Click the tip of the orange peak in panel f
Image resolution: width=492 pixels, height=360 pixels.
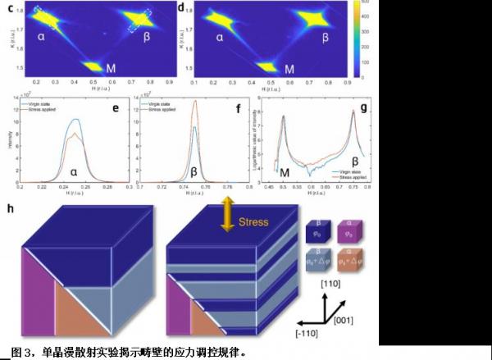click(x=195, y=102)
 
